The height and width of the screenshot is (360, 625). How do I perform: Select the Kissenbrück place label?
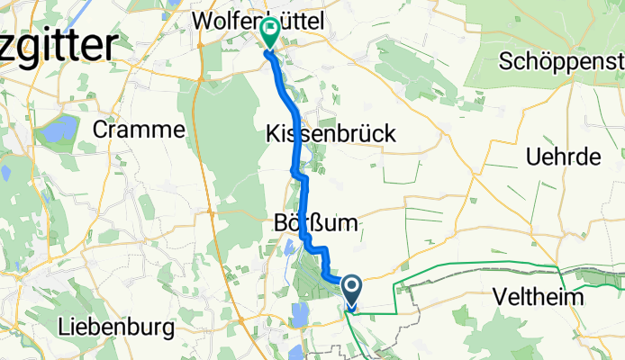(x=331, y=133)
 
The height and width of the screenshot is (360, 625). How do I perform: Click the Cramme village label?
(x=139, y=130)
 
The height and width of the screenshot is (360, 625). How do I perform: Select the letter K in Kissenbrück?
(x=273, y=133)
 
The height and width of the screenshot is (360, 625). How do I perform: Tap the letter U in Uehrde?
(x=532, y=157)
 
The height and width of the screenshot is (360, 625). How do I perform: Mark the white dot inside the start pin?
(x=350, y=287)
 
